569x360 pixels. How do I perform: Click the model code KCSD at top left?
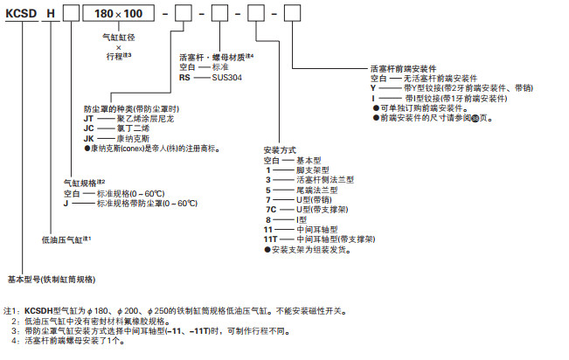[22, 16]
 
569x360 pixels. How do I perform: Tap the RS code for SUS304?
[185, 77]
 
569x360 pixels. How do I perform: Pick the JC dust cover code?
[88, 128]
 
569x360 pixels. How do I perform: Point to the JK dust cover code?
[88, 138]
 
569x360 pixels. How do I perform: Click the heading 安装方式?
[281, 150]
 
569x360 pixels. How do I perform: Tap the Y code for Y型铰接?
[373, 87]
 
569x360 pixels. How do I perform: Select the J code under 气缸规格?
[66, 202]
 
